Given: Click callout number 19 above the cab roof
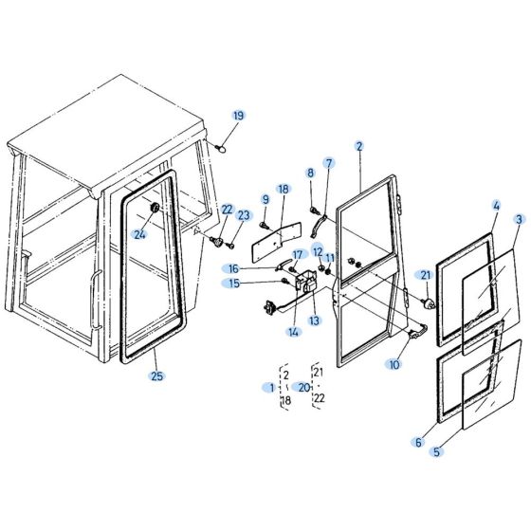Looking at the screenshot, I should [238, 116].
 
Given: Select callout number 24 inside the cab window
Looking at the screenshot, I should [139, 234].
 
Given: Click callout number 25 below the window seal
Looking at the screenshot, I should [156, 376].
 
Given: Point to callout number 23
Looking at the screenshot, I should [243, 216].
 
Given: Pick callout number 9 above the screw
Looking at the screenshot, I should [265, 199].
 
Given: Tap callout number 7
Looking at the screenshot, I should [329, 163].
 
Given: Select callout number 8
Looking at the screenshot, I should [310, 173].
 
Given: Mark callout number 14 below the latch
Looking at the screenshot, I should [294, 332].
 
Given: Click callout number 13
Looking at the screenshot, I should [315, 320].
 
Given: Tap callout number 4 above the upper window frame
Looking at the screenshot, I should [496, 205].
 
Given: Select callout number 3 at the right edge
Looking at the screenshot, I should [519, 219].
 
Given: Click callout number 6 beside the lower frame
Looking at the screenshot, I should [417, 442].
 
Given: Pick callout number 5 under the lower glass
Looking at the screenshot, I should [437, 452].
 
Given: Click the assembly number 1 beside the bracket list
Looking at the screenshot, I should [271, 387].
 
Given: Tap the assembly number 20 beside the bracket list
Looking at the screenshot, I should [303, 387].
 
